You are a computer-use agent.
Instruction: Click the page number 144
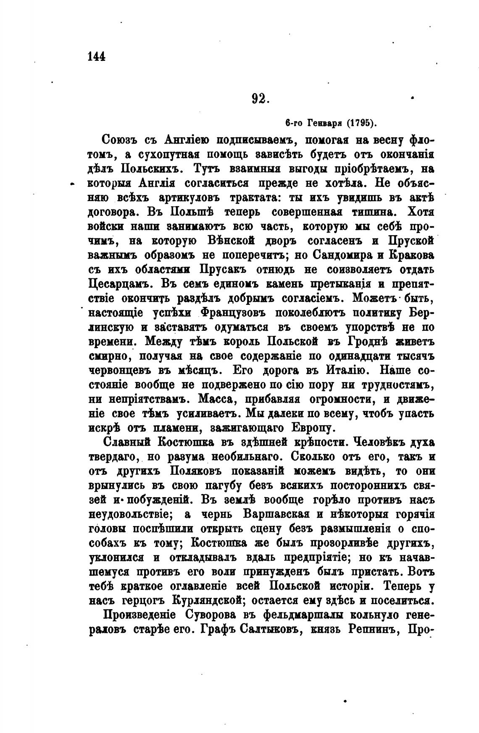95,56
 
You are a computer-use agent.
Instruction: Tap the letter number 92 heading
260,99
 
